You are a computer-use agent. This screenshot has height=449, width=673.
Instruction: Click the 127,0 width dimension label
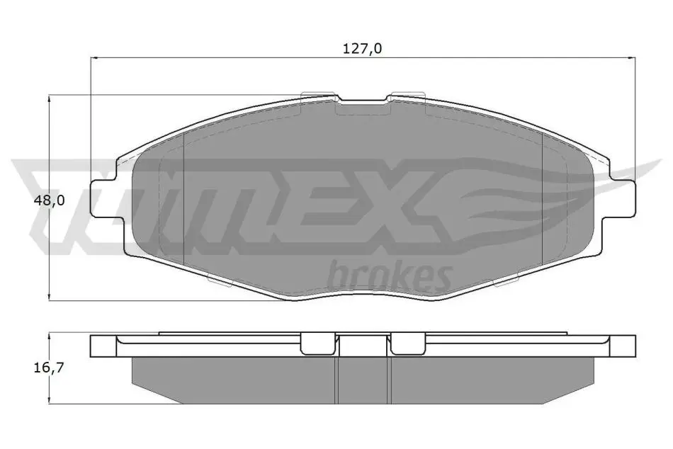click(362, 48)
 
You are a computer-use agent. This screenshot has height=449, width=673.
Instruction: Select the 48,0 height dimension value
click(50, 200)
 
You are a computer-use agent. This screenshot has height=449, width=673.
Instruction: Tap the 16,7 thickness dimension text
click(50, 368)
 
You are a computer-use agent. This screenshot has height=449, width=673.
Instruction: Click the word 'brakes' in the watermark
click(390, 275)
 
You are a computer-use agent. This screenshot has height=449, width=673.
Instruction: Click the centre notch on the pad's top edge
click(363, 102)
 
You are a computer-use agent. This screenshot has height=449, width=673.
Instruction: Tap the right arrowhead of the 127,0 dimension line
click(631, 57)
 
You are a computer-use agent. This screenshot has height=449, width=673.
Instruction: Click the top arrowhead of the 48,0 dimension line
click(50, 99)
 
